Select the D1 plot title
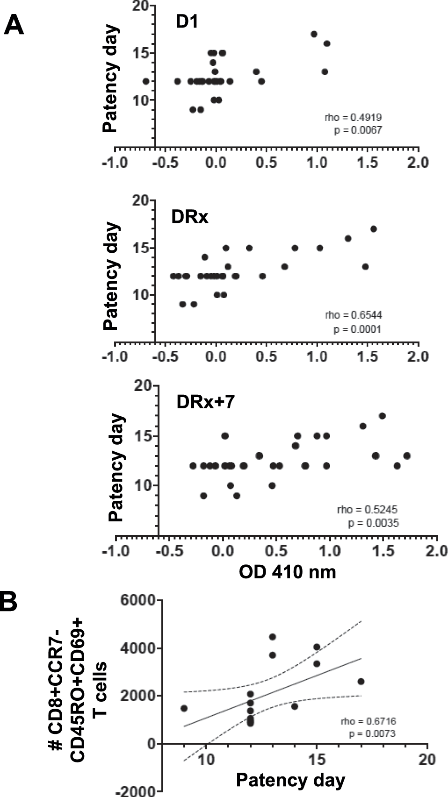click(x=187, y=22)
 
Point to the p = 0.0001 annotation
click(x=357, y=330)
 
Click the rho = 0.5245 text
click(x=368, y=509)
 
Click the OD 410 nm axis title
click(x=287, y=572)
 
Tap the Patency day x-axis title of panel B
click(x=290, y=780)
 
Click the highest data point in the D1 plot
click(x=314, y=34)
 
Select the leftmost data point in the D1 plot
click(x=146, y=81)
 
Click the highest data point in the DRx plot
click(x=373, y=229)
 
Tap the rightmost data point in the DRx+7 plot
click(x=406, y=455)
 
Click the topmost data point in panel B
click(x=273, y=637)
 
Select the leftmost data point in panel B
click(x=184, y=708)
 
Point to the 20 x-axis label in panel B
click(x=427, y=760)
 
